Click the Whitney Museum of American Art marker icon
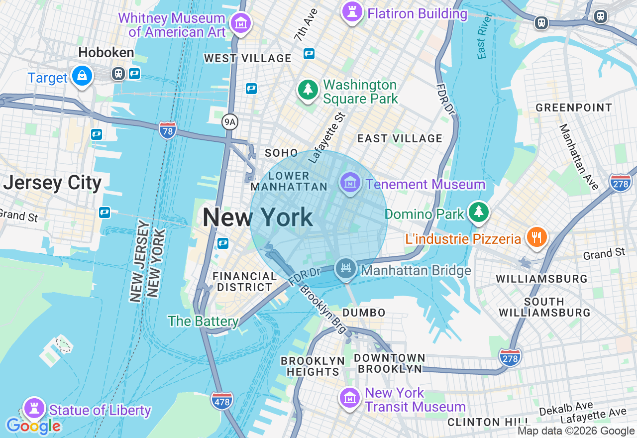(x=241, y=22)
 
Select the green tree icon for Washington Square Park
(x=308, y=90)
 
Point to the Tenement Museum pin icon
(x=350, y=183)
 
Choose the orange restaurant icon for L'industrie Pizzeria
(x=536, y=237)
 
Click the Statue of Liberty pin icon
(x=34, y=408)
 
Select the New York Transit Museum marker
(x=350, y=398)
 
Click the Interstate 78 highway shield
(x=168, y=130)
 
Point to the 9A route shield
(x=229, y=121)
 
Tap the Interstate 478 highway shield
(x=221, y=401)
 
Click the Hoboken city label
(x=106, y=52)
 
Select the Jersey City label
(x=52, y=183)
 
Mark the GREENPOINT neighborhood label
(x=574, y=108)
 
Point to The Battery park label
(x=203, y=321)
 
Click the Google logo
(x=33, y=426)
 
